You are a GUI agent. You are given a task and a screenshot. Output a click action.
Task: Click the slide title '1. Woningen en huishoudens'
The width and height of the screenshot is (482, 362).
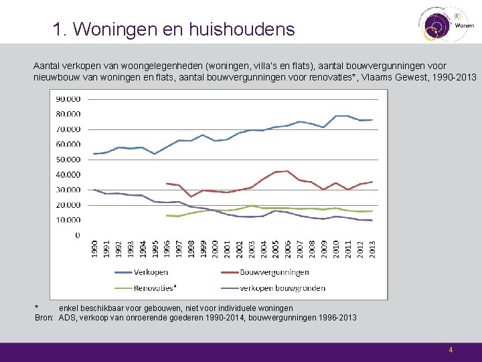point(173,29)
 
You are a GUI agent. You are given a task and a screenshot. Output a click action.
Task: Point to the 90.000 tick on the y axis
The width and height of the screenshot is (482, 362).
point(68,99)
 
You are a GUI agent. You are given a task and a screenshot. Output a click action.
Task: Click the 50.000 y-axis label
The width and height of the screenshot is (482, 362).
point(68,160)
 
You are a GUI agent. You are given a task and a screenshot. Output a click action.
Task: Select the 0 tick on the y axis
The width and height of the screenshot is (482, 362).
point(77,235)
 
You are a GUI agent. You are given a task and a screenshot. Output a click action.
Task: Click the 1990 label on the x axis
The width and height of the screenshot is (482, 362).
point(94,247)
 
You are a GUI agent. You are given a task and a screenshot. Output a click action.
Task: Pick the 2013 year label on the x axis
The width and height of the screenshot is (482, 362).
point(372,247)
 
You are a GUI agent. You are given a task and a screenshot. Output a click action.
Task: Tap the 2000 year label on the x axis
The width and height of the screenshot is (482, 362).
point(215,247)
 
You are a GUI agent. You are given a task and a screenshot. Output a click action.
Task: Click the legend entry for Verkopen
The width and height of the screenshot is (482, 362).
point(151,272)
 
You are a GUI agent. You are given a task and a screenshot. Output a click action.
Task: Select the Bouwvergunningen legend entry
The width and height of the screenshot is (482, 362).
point(274,272)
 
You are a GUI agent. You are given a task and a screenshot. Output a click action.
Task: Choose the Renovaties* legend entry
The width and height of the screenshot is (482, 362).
point(154,288)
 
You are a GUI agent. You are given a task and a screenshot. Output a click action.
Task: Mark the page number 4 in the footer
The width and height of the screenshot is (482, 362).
point(451,350)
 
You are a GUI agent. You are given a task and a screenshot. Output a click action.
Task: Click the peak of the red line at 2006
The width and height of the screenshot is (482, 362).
point(287,171)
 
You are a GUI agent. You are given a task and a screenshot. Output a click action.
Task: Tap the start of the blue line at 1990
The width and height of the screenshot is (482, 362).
point(94,154)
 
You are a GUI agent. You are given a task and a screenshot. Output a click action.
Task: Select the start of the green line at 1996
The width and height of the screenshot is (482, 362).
point(167,215)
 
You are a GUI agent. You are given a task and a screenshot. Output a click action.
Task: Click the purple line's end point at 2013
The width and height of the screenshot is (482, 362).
point(372,221)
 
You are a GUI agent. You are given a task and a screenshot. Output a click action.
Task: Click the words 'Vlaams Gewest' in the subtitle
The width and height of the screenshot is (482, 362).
point(388,77)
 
